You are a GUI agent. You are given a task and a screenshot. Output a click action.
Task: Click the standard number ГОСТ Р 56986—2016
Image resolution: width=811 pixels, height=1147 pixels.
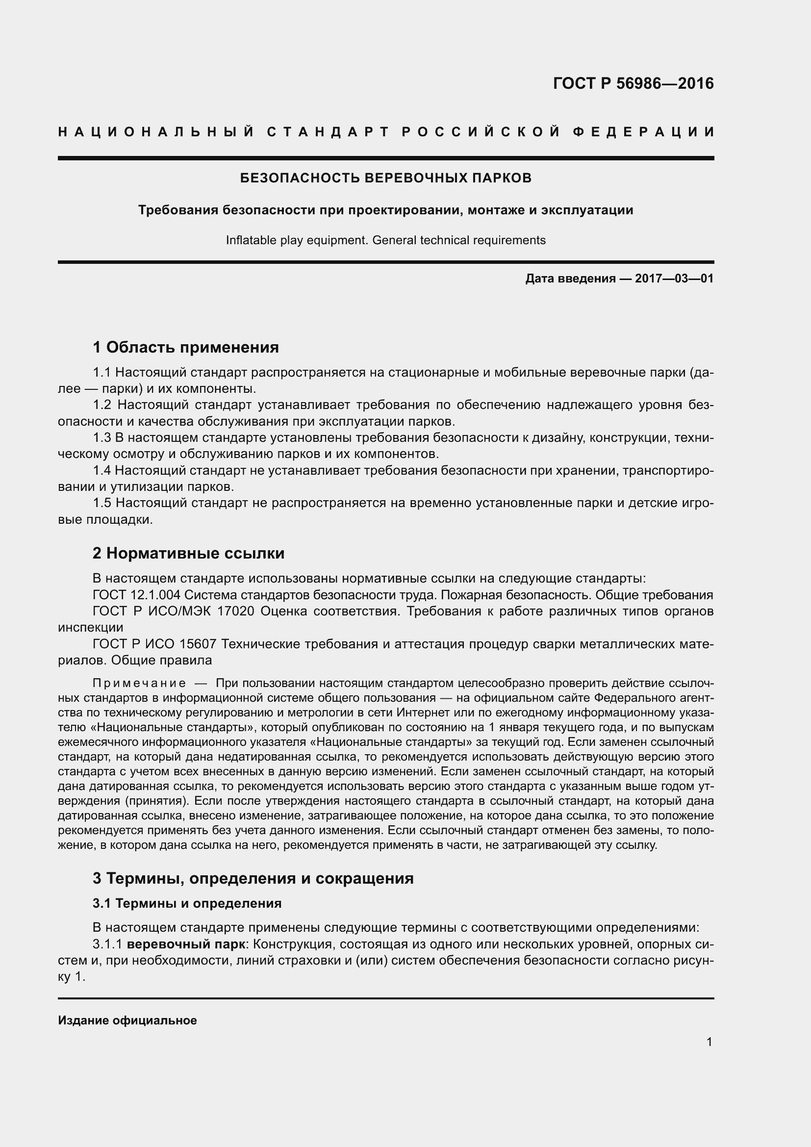point(633,83)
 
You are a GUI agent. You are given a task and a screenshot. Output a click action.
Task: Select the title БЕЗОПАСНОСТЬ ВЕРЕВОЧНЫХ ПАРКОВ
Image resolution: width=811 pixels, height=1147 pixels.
point(385,178)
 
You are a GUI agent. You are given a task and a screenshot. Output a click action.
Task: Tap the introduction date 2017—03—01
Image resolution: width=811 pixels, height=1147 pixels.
point(674,279)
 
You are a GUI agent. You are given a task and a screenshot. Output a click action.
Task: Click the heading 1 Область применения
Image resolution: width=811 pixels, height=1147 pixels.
point(186,347)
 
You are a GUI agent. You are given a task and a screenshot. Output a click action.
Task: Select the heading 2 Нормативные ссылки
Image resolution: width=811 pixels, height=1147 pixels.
point(189,553)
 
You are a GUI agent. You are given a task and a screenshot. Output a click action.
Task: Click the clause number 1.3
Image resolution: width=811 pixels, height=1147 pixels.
point(102,437)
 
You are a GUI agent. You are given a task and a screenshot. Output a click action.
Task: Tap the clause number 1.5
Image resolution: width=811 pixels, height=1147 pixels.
point(102,503)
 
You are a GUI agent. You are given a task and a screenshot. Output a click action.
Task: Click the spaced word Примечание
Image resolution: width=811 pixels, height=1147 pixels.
point(139,684)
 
